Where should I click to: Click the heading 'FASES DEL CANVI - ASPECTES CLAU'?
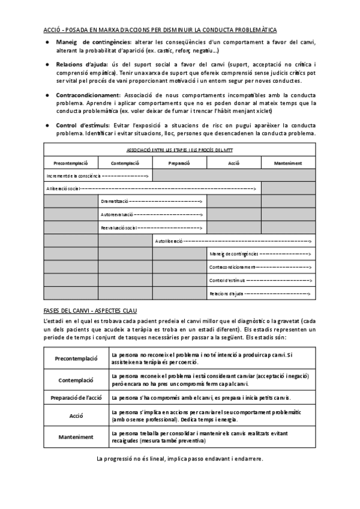point(91,310)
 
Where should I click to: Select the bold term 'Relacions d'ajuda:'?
point(80,64)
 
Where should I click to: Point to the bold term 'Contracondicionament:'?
point(88,95)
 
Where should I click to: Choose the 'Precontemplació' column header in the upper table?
point(71,163)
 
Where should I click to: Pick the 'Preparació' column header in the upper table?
point(179,163)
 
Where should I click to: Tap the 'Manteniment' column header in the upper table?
point(287,163)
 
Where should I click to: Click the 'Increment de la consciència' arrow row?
point(98,175)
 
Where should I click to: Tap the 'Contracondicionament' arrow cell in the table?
point(260,267)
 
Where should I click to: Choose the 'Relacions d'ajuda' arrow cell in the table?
point(260,294)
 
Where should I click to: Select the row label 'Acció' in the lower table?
point(76,415)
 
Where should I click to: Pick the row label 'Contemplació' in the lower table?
point(76,380)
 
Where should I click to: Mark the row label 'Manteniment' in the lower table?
point(76,438)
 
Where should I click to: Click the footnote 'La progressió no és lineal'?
point(179,459)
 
